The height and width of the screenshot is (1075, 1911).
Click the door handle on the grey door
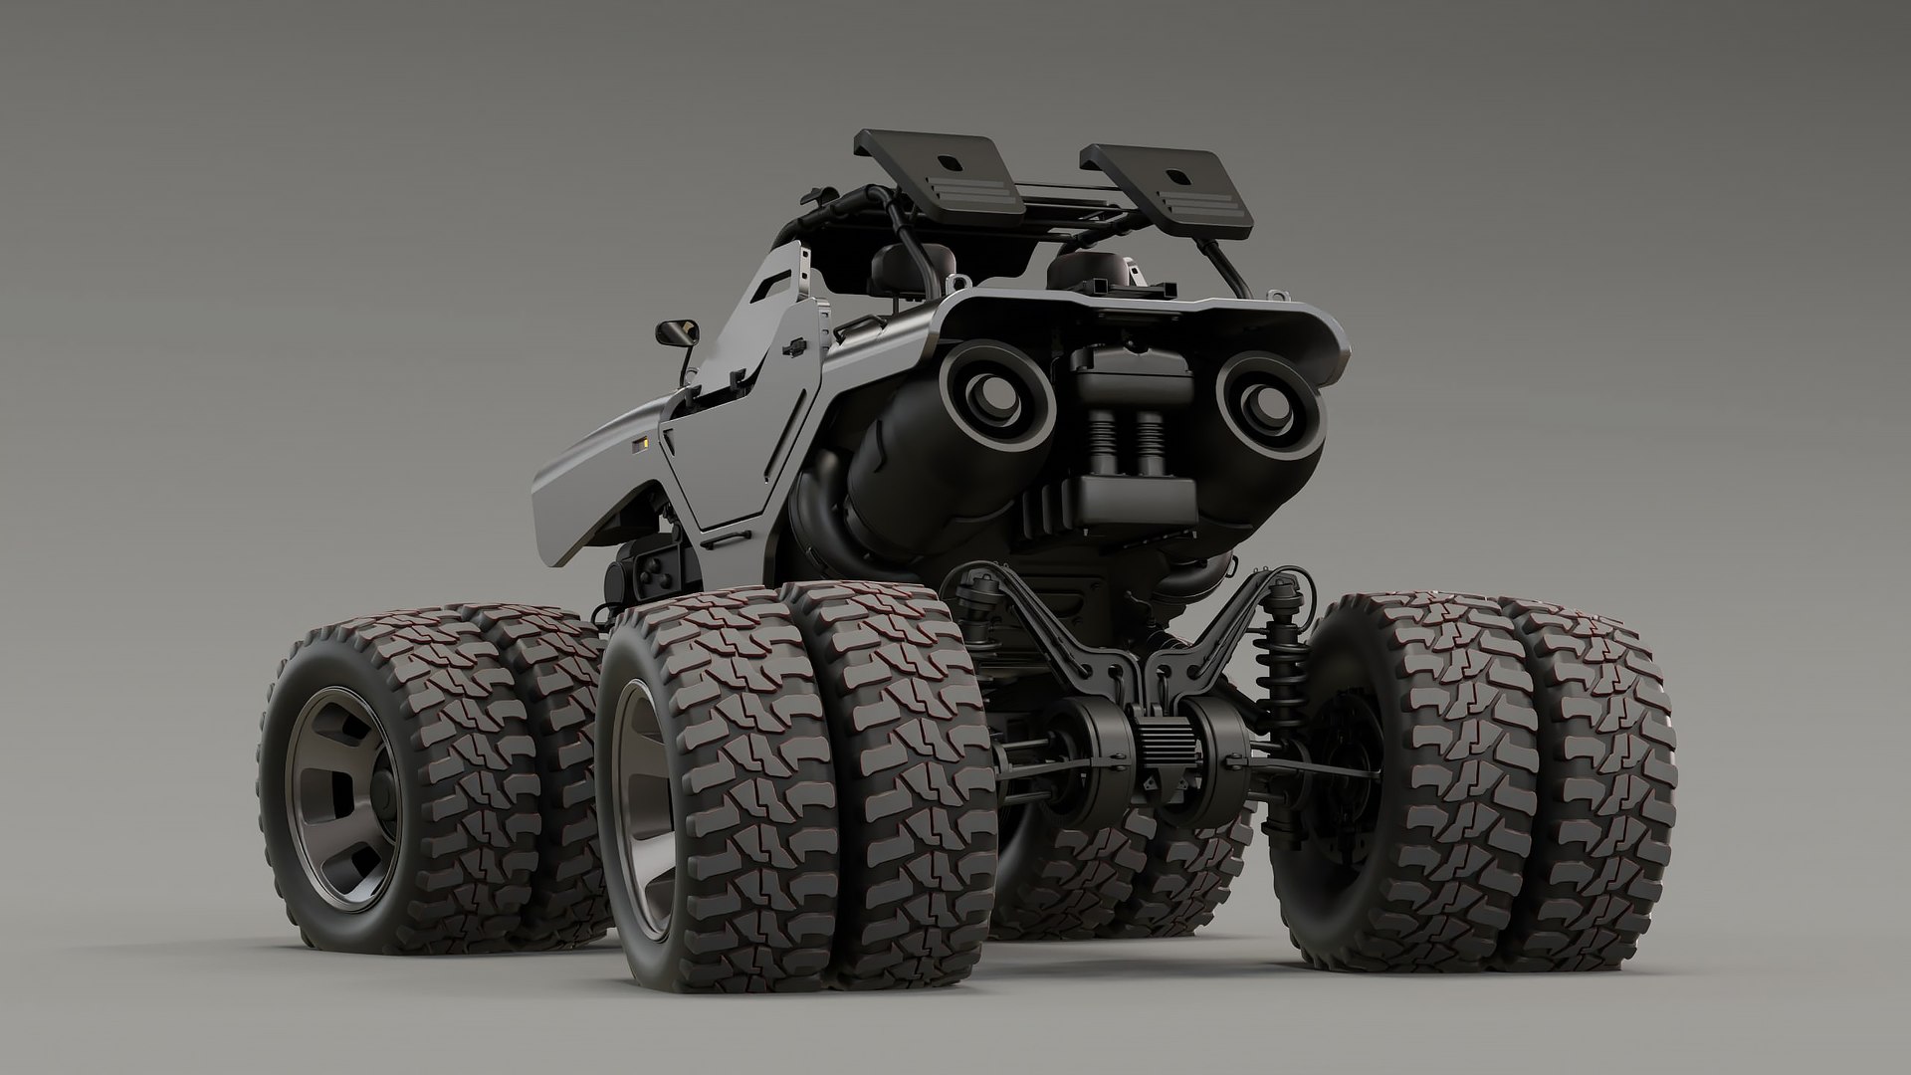point(795,343)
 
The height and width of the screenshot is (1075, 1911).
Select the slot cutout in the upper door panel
point(772,290)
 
